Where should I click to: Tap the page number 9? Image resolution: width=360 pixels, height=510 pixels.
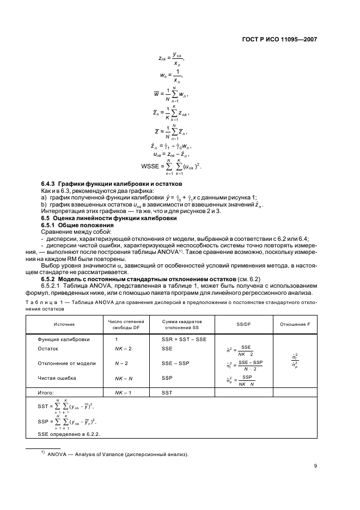tap(316, 465)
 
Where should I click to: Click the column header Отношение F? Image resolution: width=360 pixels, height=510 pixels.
tap(295, 324)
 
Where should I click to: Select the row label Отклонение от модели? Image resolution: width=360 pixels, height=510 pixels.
tap(66, 363)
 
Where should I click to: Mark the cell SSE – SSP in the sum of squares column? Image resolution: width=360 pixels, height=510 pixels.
tap(174, 363)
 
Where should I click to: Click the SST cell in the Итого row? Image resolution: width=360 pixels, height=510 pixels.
tap(167, 392)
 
